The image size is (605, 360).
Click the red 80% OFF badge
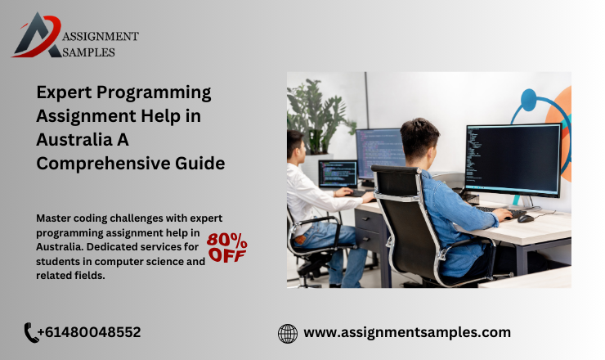226,247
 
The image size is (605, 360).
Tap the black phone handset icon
32,332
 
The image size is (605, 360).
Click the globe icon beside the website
288,333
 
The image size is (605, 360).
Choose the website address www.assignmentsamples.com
407,332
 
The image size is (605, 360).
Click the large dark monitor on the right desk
512,160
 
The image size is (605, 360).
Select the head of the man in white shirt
296,145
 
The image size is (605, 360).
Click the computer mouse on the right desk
525,218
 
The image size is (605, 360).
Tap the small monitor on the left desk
337,173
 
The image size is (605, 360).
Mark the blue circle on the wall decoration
527,101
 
